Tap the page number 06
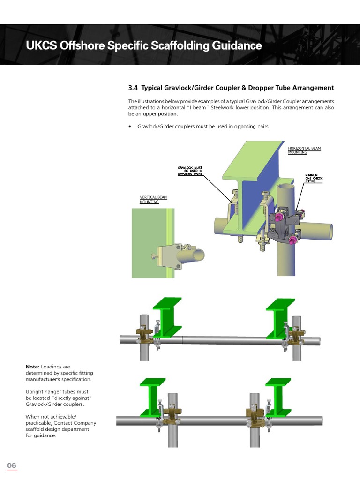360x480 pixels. point(12,465)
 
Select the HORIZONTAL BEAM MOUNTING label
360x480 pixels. point(304,150)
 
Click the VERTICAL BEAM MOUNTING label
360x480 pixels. point(153,199)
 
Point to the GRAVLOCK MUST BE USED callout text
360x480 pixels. point(190,171)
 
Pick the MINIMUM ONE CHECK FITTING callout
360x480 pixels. point(314,178)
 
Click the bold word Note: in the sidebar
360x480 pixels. point(32,367)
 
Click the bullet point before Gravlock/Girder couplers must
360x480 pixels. point(130,127)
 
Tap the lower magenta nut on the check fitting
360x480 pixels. point(293,240)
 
